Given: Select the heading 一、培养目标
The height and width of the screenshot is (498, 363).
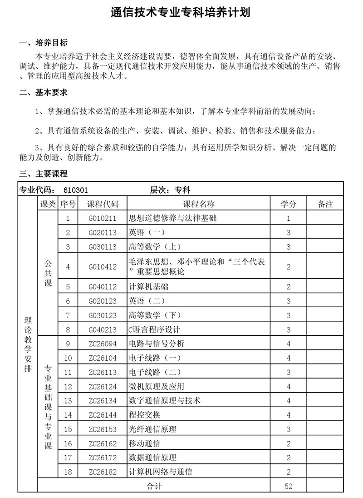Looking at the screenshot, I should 43,43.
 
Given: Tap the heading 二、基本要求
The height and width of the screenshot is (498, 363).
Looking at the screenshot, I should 43,92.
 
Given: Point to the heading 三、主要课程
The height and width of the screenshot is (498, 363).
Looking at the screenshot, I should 43,174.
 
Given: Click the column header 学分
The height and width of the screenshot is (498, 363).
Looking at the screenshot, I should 289,204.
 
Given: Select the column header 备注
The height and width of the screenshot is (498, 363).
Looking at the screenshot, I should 325,204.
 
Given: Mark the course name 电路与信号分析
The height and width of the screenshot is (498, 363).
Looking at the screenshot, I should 157,344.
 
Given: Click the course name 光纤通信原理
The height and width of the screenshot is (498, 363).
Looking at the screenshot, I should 152,429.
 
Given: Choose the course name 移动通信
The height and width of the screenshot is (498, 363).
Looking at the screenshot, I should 145,443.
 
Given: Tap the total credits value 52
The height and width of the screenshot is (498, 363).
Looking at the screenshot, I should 289,486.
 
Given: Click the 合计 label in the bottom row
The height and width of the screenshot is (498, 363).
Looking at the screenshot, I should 154,486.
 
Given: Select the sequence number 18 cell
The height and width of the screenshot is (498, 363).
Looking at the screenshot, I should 68,472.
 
